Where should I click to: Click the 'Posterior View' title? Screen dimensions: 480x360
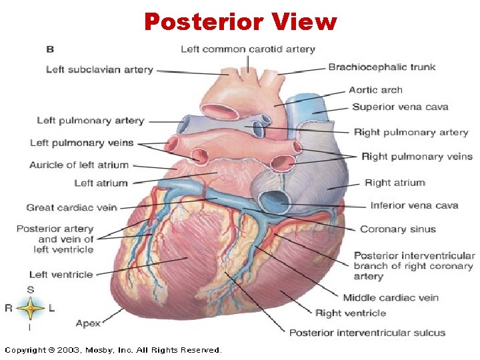240,22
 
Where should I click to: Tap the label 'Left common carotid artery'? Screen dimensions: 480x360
247,49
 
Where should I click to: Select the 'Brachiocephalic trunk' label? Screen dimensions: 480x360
381,67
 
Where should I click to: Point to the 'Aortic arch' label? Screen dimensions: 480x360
375,90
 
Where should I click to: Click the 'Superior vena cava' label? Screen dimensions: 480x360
400,107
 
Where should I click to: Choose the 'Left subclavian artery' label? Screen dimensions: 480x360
99,69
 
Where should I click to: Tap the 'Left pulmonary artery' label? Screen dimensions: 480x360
90,121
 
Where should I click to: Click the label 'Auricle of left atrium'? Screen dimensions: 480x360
79,165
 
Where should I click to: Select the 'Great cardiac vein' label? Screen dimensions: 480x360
71,207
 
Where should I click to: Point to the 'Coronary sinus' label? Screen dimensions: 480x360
398,229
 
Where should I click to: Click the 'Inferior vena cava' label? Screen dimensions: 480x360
414,205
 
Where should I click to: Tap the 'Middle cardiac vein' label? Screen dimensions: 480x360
391,297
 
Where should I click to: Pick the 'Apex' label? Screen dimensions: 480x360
88,323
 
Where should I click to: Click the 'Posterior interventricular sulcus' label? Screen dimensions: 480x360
367,332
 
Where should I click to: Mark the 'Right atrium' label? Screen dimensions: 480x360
395,183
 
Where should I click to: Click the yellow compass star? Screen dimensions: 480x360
31,308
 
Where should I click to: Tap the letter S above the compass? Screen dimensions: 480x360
31,289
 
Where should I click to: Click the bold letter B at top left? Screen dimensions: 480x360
50,49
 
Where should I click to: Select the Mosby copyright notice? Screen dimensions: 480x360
113,349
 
